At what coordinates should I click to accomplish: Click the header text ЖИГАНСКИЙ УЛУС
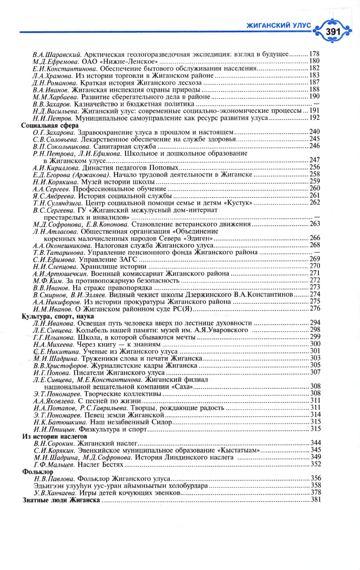(279, 26)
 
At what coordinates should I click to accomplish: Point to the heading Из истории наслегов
(55, 436)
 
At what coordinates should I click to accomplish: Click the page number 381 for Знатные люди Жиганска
(316, 500)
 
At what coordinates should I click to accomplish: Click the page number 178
(314, 54)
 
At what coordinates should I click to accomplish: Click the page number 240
(315, 132)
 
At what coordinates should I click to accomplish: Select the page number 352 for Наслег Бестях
(316, 464)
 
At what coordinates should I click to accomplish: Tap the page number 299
(315, 337)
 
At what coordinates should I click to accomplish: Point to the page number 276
(315, 309)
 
